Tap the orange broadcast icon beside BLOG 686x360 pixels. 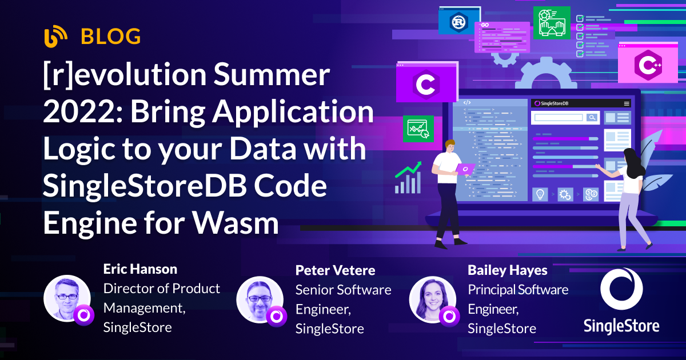(x=57, y=37)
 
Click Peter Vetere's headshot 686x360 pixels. (x=259, y=300)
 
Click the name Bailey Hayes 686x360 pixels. (x=508, y=270)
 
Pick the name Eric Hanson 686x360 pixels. (x=140, y=269)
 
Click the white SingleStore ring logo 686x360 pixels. (x=621, y=290)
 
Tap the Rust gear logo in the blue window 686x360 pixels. (x=457, y=22)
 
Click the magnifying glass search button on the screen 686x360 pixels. (x=592, y=118)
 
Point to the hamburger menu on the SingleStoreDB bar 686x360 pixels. (x=627, y=103)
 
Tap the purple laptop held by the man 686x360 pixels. (x=465, y=170)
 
